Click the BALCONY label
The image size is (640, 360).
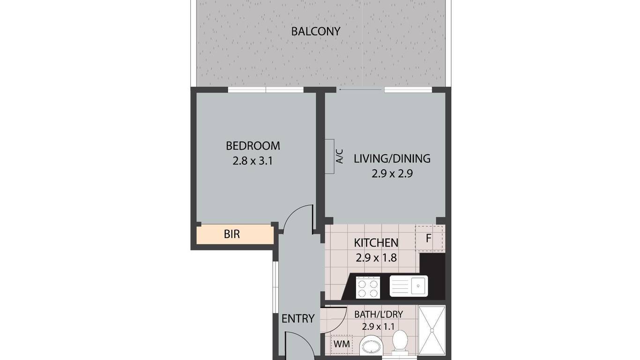coord(316,31)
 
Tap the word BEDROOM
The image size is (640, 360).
coord(253,146)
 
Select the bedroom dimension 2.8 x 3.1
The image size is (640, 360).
coord(253,161)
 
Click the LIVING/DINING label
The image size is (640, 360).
coord(392,158)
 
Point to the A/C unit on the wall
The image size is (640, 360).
coord(330,156)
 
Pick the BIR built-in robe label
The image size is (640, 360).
coord(232,234)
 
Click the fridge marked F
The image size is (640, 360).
coord(429,239)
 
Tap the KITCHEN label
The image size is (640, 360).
coord(376,243)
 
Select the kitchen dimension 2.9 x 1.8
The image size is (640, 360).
coord(376,258)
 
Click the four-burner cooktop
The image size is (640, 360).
coord(368,287)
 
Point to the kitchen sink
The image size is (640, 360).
coord(409,286)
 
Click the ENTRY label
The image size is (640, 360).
coord(298,319)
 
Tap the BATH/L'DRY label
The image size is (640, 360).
coord(379,315)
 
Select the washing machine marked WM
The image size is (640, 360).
coord(342,344)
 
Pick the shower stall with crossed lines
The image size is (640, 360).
coord(432,331)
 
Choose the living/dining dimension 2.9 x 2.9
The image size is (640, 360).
coord(392,174)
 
